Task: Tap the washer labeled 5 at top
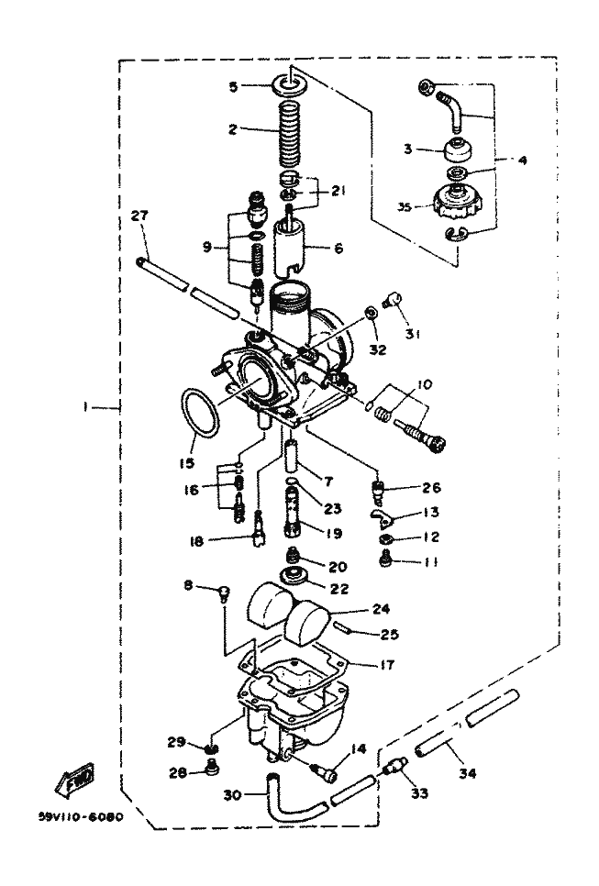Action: click(291, 88)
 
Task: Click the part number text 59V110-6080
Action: click(82, 815)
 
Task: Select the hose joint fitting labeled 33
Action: click(395, 764)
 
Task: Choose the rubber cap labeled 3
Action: click(453, 151)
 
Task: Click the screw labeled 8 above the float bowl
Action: click(222, 593)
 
